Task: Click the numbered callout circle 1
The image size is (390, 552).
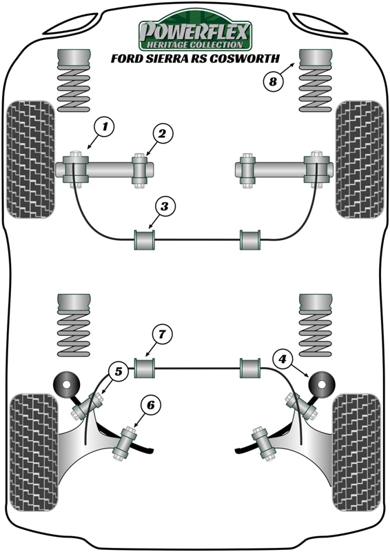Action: [x=104, y=126]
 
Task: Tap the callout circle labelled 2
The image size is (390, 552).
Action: [x=160, y=135]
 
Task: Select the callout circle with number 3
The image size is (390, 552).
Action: [x=165, y=206]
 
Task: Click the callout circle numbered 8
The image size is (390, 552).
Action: [x=273, y=82]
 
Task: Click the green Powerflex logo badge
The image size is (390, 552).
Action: [x=196, y=32]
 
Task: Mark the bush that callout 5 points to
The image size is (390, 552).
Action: [x=86, y=407]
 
